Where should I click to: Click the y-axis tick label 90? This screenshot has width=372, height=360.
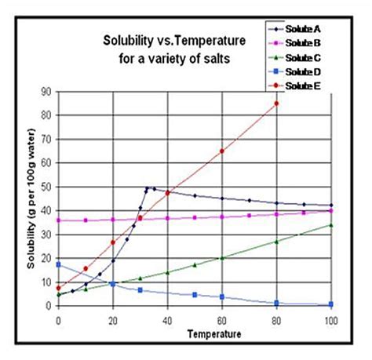(x=46, y=91)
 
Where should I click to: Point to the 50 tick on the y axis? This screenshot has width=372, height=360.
(x=46, y=187)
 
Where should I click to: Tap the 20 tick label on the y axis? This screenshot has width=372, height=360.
(x=46, y=258)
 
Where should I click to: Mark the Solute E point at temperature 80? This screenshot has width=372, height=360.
(x=276, y=103)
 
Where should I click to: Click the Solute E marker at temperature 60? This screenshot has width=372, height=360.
(x=222, y=151)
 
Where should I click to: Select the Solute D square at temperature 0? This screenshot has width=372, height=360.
(x=58, y=264)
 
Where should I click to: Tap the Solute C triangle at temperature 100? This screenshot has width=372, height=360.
(x=330, y=225)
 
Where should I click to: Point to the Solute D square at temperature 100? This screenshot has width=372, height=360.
(x=330, y=304)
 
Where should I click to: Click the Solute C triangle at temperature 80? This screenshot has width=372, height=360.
(x=276, y=242)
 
